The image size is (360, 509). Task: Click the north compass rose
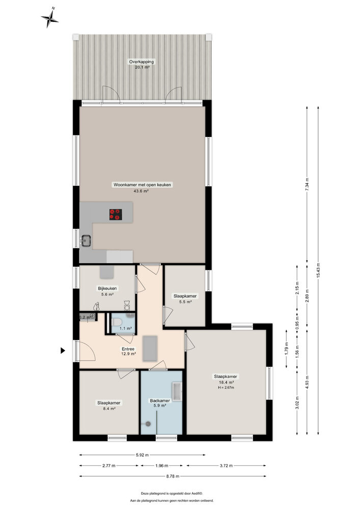click(x=50, y=18)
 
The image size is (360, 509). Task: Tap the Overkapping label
click(x=141, y=62)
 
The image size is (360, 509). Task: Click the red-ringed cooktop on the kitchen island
click(x=116, y=215)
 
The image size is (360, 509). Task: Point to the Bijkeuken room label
click(x=107, y=288)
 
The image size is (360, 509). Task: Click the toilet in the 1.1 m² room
click(x=116, y=323)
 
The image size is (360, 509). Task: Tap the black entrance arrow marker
click(x=63, y=350)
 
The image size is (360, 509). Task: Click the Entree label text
click(x=128, y=349)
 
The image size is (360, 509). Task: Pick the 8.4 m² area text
click(x=109, y=408)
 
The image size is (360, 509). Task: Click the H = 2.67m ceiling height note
click(x=226, y=388)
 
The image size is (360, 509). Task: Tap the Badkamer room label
click(x=160, y=401)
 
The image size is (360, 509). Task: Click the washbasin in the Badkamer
click(x=177, y=390)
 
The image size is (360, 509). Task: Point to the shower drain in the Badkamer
click(x=148, y=423)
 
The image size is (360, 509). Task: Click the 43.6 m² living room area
click(x=141, y=191)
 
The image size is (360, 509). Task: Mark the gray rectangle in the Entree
click(x=150, y=349)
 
